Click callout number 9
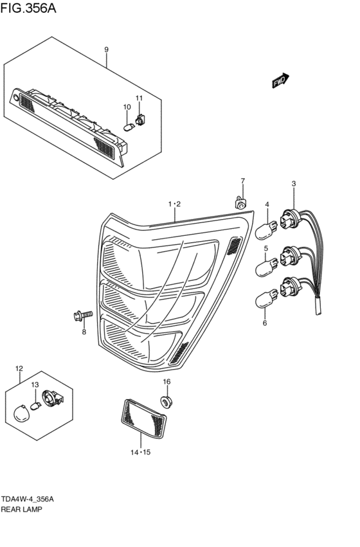click(x=106, y=49)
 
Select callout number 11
click(x=139, y=98)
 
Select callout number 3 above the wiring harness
click(x=293, y=184)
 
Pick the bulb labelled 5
click(x=265, y=265)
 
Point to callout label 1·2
click(x=174, y=204)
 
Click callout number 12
click(x=19, y=368)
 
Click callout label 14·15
click(x=140, y=452)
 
